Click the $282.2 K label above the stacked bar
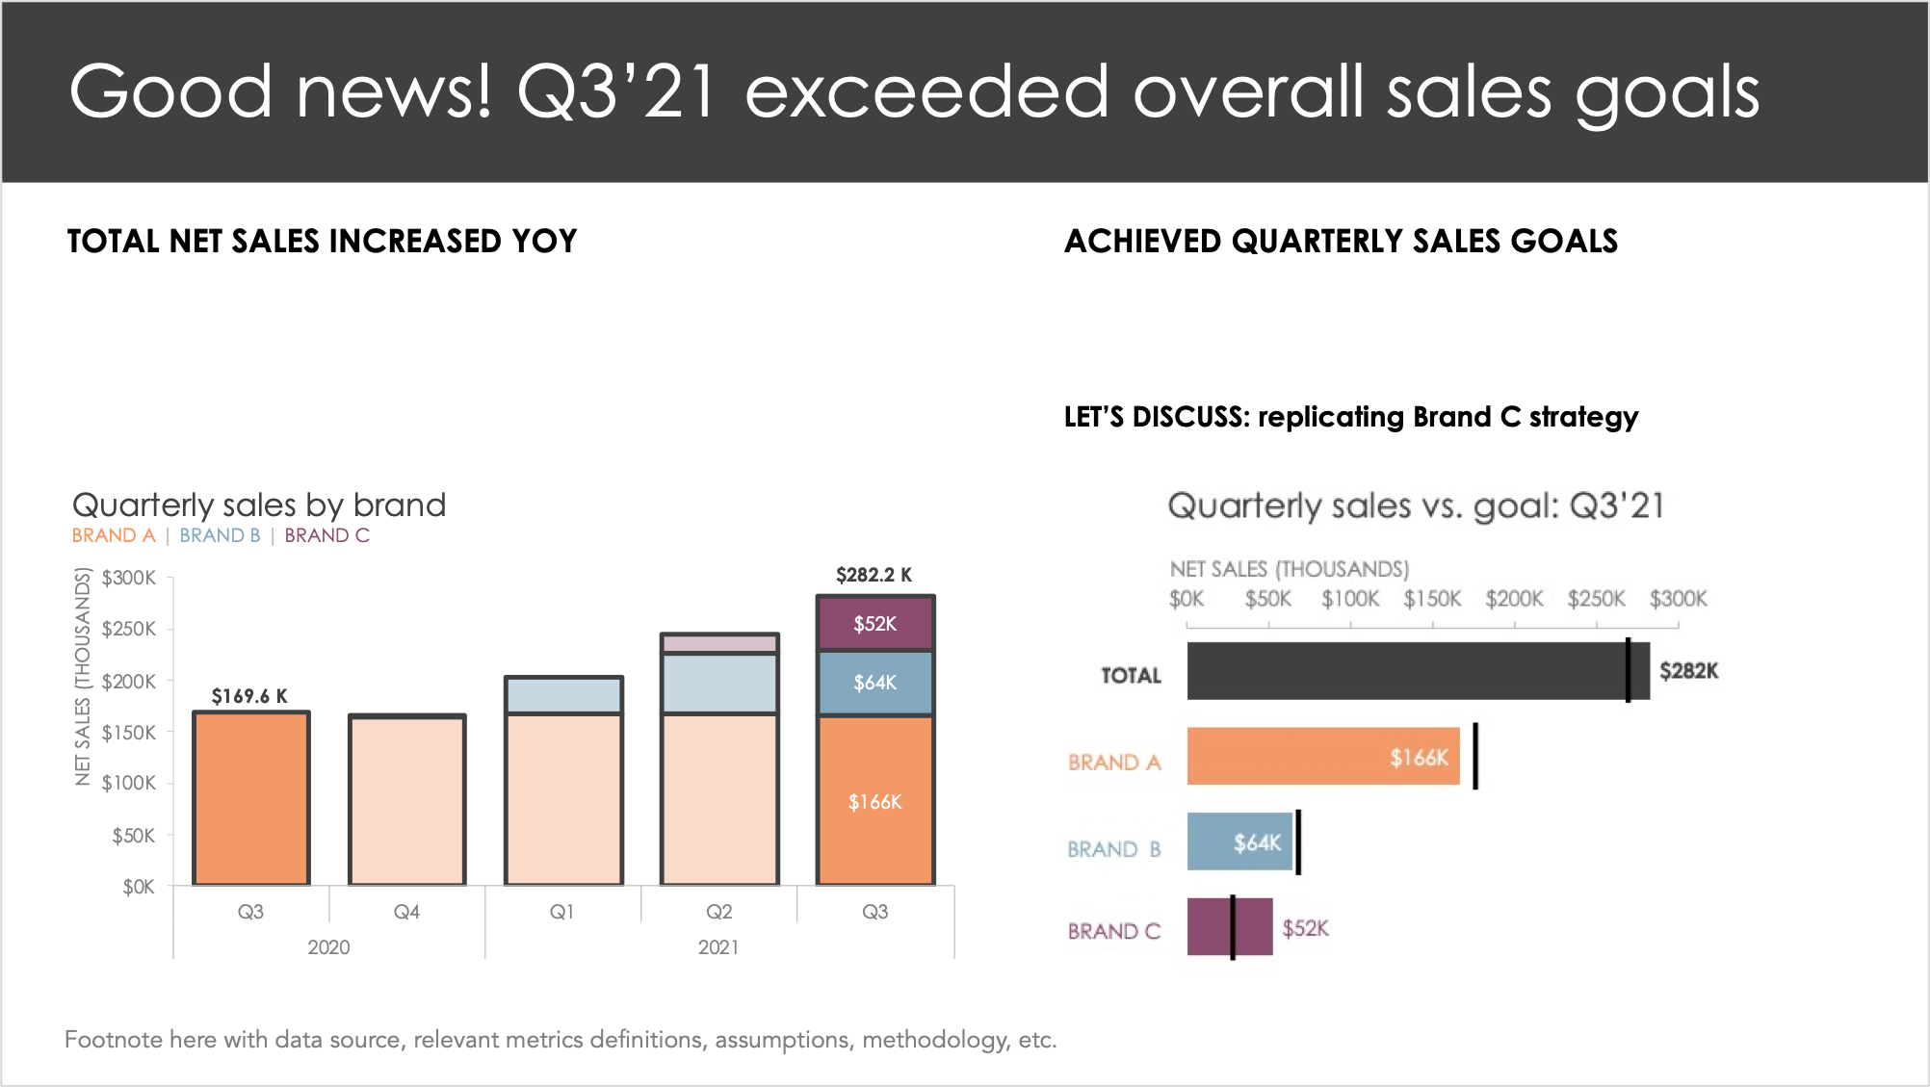(874, 575)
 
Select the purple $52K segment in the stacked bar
(874, 624)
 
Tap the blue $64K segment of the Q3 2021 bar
(874, 683)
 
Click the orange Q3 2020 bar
(250, 799)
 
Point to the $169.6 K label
(249, 696)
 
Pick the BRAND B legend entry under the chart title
(220, 535)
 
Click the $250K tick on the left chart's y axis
(128, 629)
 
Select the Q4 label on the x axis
(406, 911)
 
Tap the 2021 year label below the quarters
(718, 946)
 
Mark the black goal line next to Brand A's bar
(1475, 756)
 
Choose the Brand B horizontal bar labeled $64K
(1239, 841)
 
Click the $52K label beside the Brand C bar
(1305, 928)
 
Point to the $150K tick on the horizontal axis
(1432, 599)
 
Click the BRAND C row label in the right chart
(1114, 931)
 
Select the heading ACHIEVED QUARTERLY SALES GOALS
(1341, 241)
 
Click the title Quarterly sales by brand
(259, 505)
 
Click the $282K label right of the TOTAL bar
(1688, 671)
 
